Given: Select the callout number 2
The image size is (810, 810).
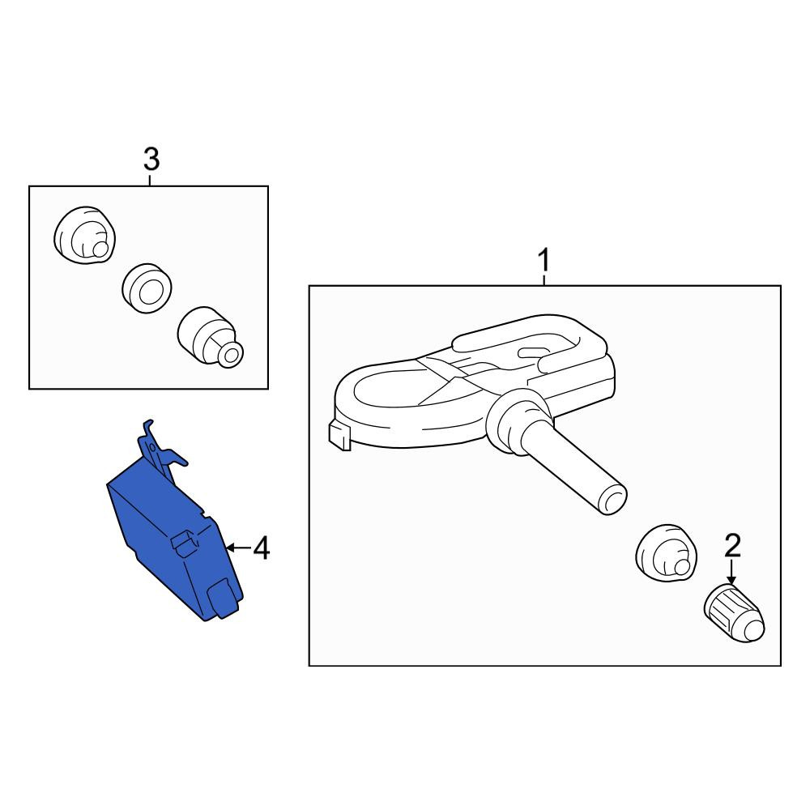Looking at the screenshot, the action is [732, 545].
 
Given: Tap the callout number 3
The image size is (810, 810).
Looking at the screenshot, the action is [151, 159].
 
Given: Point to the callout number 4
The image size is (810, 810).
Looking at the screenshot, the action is [262, 548].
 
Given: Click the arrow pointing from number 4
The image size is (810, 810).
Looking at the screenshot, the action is [239, 547].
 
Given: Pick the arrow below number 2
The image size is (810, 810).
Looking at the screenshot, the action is [731, 573].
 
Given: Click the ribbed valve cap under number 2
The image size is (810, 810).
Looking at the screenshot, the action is [734, 613].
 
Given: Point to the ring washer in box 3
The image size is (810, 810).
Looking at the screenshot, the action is [147, 289].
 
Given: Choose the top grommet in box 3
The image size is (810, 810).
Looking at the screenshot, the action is [85, 236].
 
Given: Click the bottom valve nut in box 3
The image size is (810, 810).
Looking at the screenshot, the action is [211, 338].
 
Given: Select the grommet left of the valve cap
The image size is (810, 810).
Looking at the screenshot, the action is [666, 553].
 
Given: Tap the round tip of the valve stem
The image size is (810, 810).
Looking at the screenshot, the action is [612, 500].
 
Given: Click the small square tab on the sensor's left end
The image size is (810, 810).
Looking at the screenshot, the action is [339, 435].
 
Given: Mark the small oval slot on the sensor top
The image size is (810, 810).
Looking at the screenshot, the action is [535, 352].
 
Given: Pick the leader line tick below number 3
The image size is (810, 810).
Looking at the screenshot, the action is [150, 181].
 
